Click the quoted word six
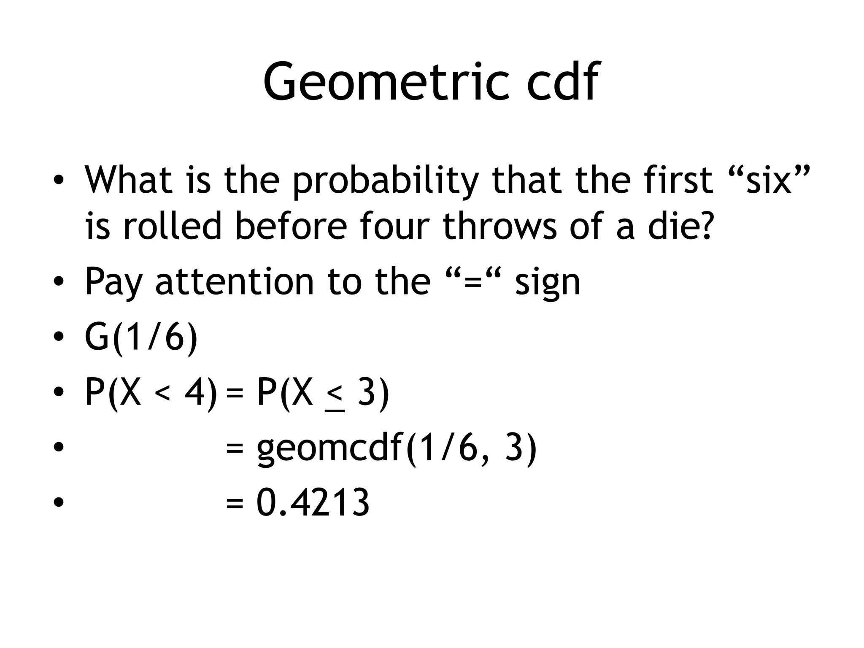tap(768, 180)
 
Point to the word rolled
tap(172, 226)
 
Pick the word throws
tap(499, 226)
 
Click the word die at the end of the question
tap(673, 226)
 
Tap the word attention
tap(235, 281)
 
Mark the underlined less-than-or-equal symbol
tap(335, 397)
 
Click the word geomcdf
tap(329, 449)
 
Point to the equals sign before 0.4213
tap(235, 504)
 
